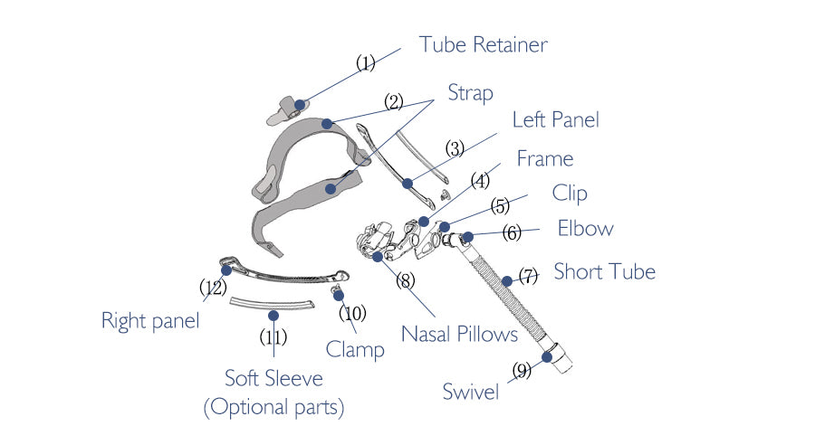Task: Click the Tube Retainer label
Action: click(484, 44)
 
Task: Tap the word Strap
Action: click(471, 93)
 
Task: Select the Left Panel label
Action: click(556, 119)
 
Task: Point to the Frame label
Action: click(545, 159)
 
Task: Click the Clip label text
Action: click(570, 194)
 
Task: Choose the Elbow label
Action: click(585, 229)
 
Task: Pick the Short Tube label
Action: click(604, 271)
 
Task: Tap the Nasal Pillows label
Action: click(460, 335)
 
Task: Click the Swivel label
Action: click(471, 392)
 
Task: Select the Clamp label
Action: click(355, 350)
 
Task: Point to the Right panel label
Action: click(149, 320)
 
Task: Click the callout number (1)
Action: click(365, 63)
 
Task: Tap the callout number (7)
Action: click(527, 277)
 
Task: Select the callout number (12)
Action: click(213, 288)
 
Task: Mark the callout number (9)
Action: click(522, 369)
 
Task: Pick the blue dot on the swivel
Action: click(548, 356)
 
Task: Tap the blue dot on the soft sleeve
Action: click(273, 315)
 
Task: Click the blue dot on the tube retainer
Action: click(301, 104)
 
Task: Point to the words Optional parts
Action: click(273, 408)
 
